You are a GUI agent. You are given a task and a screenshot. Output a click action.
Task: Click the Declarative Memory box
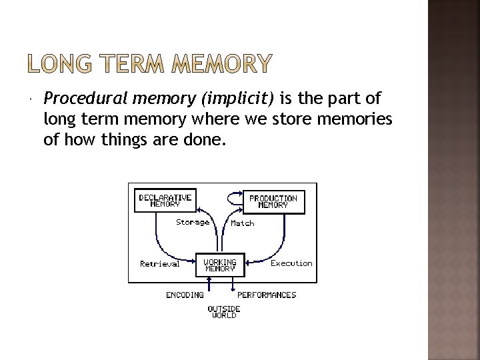[165, 201]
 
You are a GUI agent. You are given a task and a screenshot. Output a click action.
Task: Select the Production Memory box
[273, 201]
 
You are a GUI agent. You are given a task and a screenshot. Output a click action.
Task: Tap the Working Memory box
[219, 265]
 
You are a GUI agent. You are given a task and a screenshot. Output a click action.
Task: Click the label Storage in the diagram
[193, 222]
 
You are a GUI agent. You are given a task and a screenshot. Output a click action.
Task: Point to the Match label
[243, 223]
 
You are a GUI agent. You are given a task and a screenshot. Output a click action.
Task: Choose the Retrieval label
[160, 264]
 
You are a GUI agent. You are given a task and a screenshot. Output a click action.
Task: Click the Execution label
[291, 263]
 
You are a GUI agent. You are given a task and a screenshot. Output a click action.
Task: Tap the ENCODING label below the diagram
[185, 294]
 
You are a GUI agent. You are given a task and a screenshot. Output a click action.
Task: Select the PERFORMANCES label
[267, 294]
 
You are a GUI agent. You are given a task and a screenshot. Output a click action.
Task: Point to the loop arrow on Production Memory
[235, 197]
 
